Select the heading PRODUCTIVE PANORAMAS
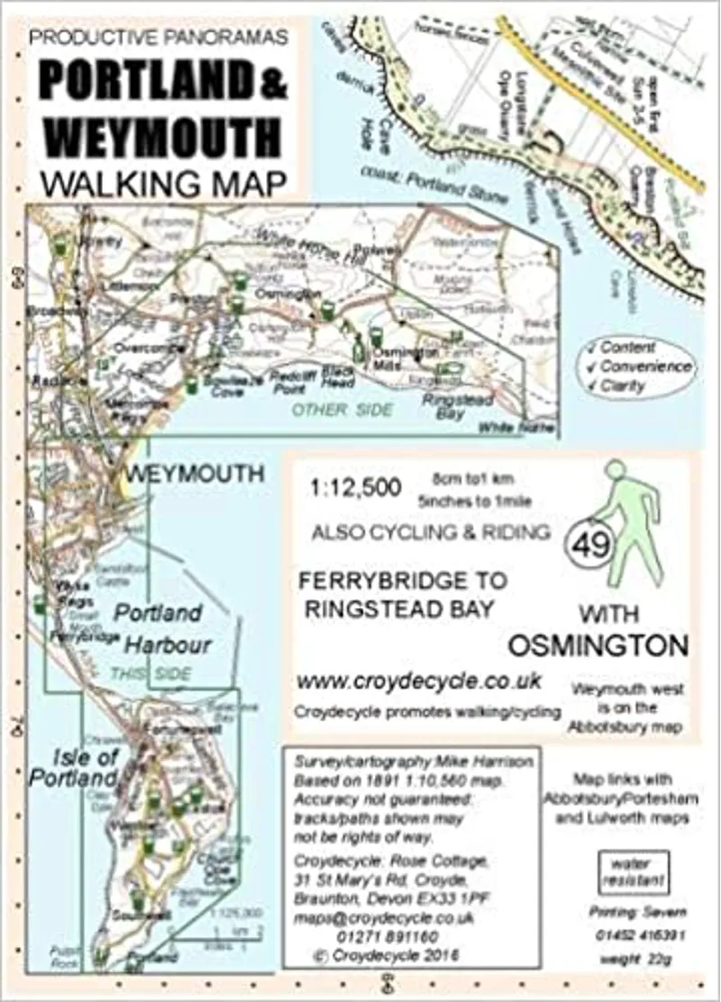[x=159, y=37]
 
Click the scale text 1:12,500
[x=355, y=490]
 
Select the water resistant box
[x=634, y=870]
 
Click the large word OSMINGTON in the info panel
[x=598, y=646]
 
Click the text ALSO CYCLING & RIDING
[x=431, y=532]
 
